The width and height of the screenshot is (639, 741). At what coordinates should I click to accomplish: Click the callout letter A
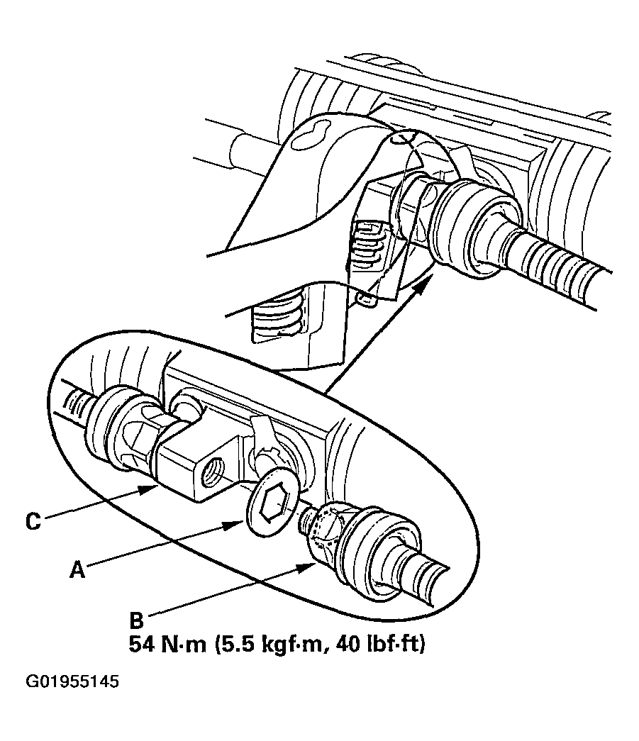pyautogui.click(x=77, y=569)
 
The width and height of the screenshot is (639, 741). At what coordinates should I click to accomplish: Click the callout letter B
pyautogui.click(x=136, y=622)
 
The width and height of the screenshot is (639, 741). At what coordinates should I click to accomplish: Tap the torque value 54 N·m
pyautogui.click(x=167, y=645)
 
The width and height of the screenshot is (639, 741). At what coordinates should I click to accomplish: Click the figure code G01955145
pyautogui.click(x=72, y=683)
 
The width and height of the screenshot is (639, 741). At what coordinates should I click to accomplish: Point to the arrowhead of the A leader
pyautogui.click(x=240, y=523)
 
